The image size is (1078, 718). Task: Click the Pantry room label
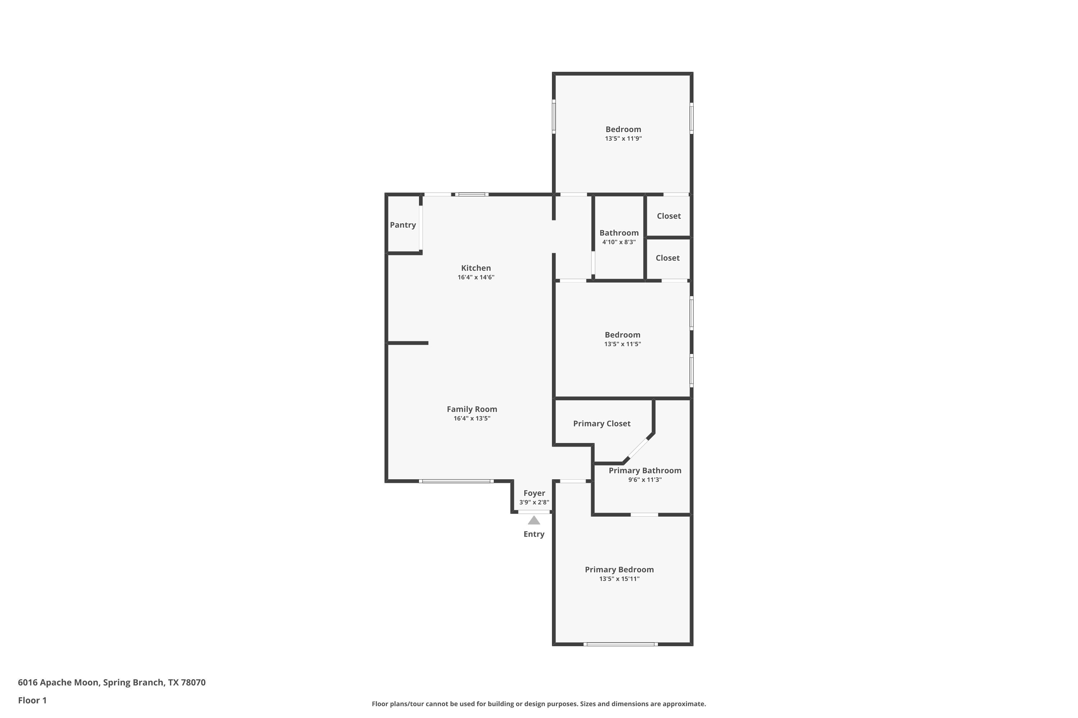tap(403, 225)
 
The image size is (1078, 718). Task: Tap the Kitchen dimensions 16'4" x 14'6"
tap(476, 277)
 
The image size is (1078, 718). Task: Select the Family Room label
tap(471, 409)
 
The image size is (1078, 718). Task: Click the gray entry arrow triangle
tap(534, 520)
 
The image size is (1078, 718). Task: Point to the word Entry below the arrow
tap(534, 534)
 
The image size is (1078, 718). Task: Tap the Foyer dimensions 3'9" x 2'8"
tap(534, 502)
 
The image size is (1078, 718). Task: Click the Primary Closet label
tap(602, 424)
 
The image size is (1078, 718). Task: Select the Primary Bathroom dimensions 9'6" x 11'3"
tap(645, 480)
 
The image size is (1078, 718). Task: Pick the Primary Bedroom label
tap(619, 570)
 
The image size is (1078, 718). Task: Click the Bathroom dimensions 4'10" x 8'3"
tap(619, 242)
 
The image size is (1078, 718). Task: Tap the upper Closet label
tap(669, 216)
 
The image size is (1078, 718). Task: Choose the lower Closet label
tap(667, 258)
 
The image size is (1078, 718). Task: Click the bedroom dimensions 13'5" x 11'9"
tap(623, 138)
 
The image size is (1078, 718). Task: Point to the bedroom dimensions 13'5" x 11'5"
tap(622, 344)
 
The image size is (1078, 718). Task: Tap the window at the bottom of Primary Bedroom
tap(621, 644)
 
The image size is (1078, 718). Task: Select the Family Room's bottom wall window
tap(456, 481)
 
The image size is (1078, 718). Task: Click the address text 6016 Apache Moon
tap(58, 682)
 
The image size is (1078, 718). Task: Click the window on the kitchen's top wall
tap(471, 195)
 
